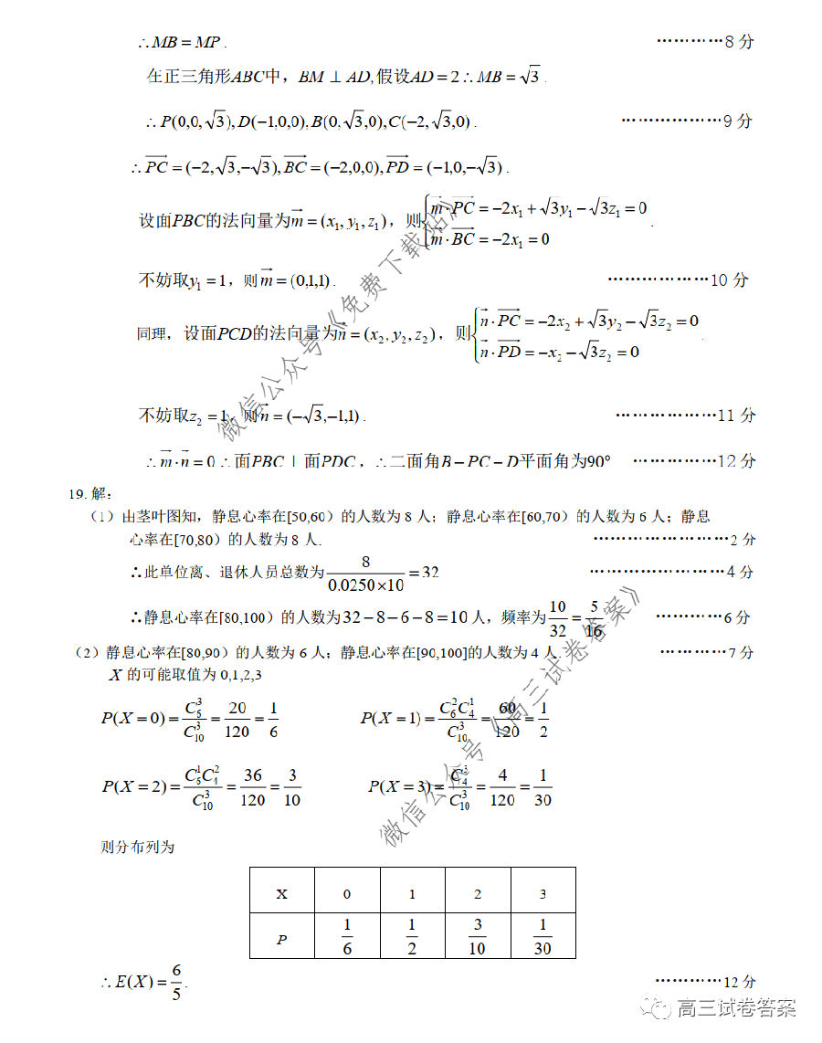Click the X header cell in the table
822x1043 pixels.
(x=281, y=894)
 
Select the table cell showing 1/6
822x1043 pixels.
(x=347, y=937)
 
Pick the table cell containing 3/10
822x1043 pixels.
(x=478, y=937)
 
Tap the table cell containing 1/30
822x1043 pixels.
(x=543, y=937)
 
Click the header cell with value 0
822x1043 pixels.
(x=347, y=894)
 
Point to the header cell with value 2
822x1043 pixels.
(x=478, y=894)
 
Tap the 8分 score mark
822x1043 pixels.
(x=739, y=41)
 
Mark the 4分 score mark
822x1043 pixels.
(x=739, y=572)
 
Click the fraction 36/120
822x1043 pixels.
(x=253, y=787)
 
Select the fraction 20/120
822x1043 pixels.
(x=237, y=719)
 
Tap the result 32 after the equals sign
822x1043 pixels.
(x=430, y=573)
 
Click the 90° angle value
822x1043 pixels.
(x=595, y=461)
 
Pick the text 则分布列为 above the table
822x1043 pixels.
(x=137, y=847)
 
